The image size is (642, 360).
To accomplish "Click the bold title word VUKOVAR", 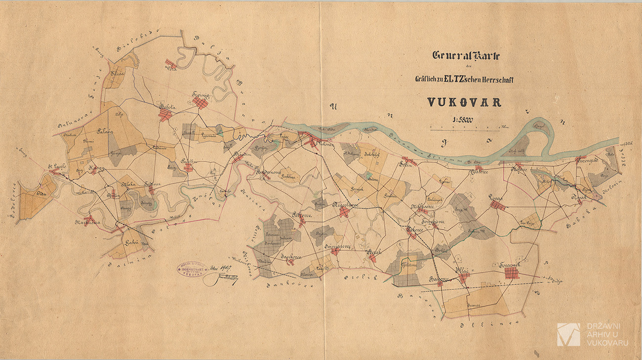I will tap(464, 103).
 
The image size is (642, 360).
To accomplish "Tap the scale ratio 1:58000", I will tap(462, 120).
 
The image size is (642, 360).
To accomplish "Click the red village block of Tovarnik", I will tap(512, 273).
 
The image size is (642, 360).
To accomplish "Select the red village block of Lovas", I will tap(497, 205).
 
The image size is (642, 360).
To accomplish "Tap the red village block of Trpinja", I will tap(200, 103).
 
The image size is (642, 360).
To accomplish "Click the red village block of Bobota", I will tap(165, 115).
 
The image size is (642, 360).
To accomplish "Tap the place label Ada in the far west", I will tap(40, 194).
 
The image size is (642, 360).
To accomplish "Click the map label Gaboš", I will tap(131, 242).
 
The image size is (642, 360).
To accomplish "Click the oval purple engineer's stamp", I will tap(193, 270).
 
